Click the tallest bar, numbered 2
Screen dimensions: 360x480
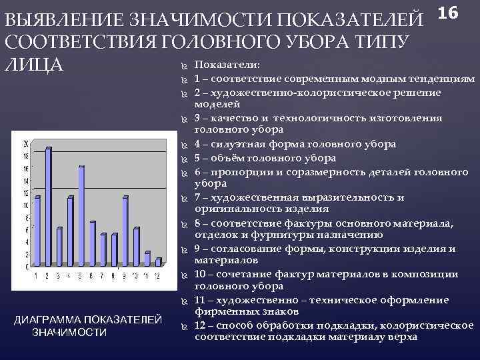[x=48, y=207]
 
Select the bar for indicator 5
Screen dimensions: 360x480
[x=81, y=216]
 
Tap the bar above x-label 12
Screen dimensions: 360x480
[x=158, y=262]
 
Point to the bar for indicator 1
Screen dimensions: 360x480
[x=37, y=231]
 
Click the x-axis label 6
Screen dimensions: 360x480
[x=91, y=276]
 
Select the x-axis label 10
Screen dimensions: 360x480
[x=135, y=276]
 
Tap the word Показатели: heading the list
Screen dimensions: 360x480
[x=227, y=65]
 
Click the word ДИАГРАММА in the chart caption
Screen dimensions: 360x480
[x=53, y=320]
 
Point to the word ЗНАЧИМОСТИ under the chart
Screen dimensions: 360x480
[x=69, y=332]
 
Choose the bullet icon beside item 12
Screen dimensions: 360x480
[x=184, y=325]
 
